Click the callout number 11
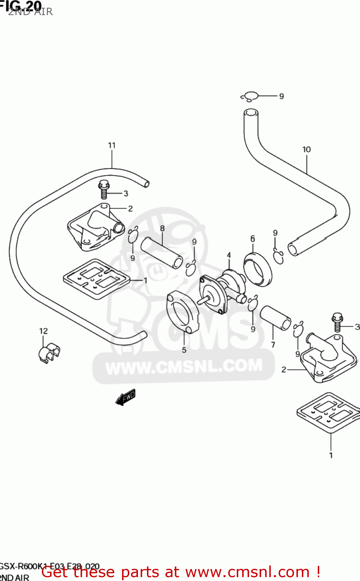pyautogui.click(x=112, y=145)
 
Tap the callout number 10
pyautogui.click(x=307, y=150)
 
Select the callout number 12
pyautogui.click(x=43, y=331)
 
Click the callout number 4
pyautogui.click(x=229, y=255)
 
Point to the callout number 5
pyautogui.click(x=184, y=350)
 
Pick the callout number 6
pyautogui.click(x=253, y=239)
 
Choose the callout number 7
pyautogui.click(x=273, y=345)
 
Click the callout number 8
pyautogui.click(x=162, y=229)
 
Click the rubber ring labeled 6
pyautogui.click(x=258, y=269)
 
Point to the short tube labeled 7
pyautogui.click(x=276, y=318)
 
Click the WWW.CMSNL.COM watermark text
pyautogui.click(x=184, y=367)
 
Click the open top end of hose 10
pyautogui.click(x=251, y=112)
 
